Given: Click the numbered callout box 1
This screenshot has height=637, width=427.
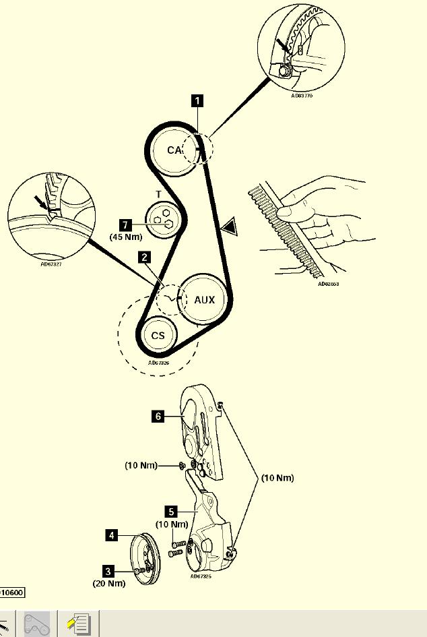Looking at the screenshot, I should (x=197, y=101).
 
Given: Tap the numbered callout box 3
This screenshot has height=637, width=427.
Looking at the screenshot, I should (x=108, y=570).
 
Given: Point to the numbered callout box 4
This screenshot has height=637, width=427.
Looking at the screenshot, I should (x=112, y=535).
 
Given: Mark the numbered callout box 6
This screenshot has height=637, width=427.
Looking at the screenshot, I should (x=158, y=417).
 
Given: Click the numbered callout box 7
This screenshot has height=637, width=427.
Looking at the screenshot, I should (x=124, y=224).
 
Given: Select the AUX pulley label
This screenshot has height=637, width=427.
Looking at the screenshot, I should (x=204, y=300).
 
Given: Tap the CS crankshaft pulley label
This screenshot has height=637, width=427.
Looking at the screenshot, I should (x=158, y=335).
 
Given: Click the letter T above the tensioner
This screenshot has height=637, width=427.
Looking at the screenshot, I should (x=159, y=195).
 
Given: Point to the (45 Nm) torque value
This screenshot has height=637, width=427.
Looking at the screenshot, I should (x=127, y=237).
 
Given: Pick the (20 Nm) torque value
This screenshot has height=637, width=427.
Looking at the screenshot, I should (x=109, y=583).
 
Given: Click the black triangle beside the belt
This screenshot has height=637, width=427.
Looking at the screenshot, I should (x=230, y=226).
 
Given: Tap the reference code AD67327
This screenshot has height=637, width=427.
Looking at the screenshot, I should (x=52, y=264).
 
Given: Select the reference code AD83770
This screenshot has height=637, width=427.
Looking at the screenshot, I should (x=302, y=96).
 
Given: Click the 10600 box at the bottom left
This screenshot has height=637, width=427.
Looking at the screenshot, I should (x=11, y=593).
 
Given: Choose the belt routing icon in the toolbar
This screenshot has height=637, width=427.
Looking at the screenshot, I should (x=36, y=624).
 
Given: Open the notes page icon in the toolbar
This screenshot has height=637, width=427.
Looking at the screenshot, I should (x=79, y=624).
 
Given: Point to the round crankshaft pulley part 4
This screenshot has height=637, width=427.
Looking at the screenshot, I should (x=146, y=558).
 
